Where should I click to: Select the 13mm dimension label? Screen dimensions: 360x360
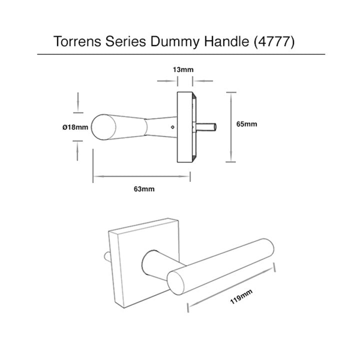point(182,69)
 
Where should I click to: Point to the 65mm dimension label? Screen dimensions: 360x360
point(246,124)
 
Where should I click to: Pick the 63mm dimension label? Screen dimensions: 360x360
point(143,189)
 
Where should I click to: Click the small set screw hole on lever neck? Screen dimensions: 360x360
point(173,127)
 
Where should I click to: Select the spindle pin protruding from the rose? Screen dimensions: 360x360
point(208,127)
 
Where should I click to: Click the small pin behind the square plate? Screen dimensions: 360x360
point(106,256)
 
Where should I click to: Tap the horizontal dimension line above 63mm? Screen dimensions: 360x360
point(142,175)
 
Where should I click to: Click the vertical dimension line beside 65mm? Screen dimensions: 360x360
point(230,127)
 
